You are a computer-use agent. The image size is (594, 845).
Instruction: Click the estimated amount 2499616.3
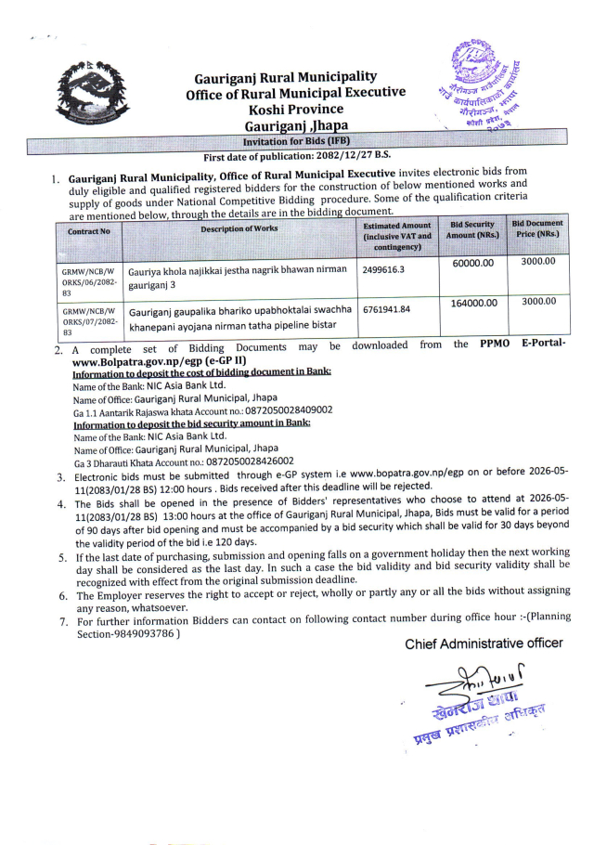(386, 270)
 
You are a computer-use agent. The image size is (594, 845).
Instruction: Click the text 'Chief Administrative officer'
(483, 643)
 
